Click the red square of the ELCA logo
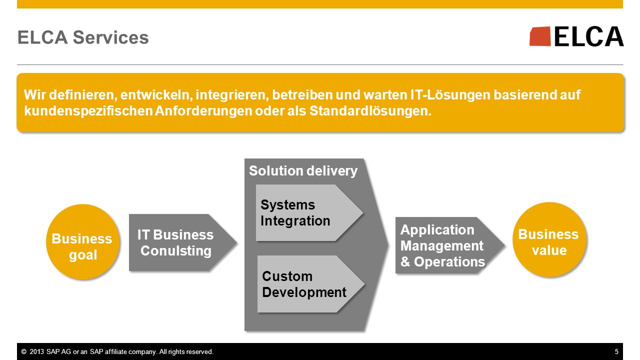click(540, 36)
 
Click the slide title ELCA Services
click(83, 37)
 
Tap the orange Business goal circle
click(83, 241)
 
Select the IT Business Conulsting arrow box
click(183, 242)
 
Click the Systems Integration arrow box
click(309, 213)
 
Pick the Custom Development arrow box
click(311, 284)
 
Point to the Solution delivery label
click(303, 171)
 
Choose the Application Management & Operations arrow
click(450, 245)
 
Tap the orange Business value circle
click(549, 239)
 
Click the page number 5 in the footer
click(616, 351)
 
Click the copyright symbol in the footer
click(24, 351)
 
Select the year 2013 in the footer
click(37, 351)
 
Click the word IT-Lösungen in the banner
click(450, 95)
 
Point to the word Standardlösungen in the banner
click(370, 111)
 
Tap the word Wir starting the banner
click(35, 95)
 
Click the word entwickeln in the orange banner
click(156, 95)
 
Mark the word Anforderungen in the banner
click(203, 111)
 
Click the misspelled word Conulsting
click(176, 251)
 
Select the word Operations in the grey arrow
click(449, 261)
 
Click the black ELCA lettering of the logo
click(589, 36)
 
